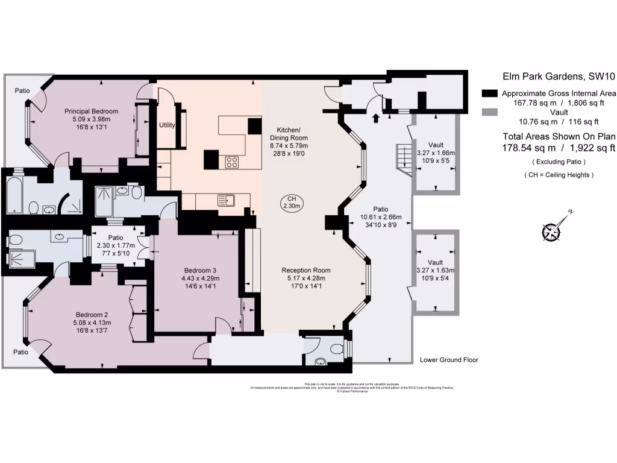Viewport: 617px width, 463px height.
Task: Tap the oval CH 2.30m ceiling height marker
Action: pyautogui.click(x=290, y=203)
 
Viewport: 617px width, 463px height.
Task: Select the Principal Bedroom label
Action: pyautogui.click(x=91, y=111)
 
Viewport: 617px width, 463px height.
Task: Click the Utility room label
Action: pyautogui.click(x=167, y=125)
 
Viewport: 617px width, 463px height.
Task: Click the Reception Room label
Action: pyautogui.click(x=306, y=270)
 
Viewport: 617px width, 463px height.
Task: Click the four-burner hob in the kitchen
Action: pyautogui.click(x=233, y=162)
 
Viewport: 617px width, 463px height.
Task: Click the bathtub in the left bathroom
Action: pyautogui.click(x=15, y=195)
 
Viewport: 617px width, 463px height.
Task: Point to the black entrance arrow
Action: pyautogui.click(x=376, y=118)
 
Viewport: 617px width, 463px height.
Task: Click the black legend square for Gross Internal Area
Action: pyautogui.click(x=490, y=93)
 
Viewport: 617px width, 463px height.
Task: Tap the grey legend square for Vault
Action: pyautogui.click(x=490, y=112)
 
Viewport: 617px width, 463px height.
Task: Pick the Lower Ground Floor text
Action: pyautogui.click(x=449, y=360)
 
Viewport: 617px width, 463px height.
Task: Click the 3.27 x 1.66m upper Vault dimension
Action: pyautogui.click(x=435, y=153)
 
